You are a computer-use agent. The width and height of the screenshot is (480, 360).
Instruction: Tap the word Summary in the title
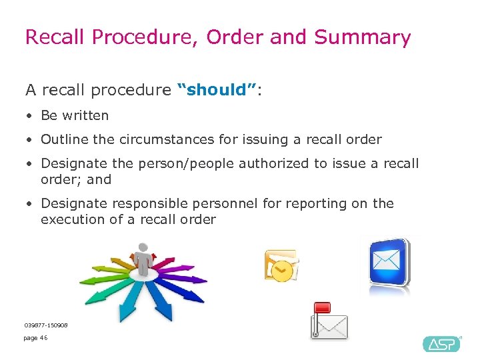(x=363, y=37)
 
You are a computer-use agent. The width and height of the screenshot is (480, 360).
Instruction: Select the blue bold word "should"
(x=216, y=90)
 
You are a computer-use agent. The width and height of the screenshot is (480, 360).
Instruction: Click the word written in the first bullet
(x=85, y=115)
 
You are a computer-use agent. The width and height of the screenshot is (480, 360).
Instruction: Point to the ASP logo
(x=441, y=344)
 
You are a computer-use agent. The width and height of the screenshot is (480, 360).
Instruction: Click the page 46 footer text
(x=35, y=338)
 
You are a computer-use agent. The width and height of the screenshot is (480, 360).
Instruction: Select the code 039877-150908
(x=46, y=325)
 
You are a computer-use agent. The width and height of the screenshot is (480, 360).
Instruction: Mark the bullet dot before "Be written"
(x=29, y=116)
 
